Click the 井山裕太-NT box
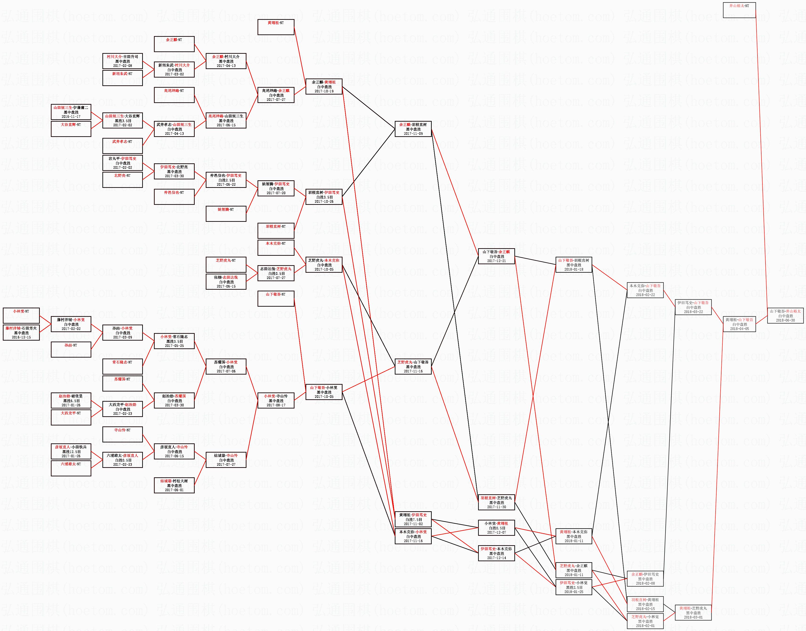point(739,10)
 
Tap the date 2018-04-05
point(739,329)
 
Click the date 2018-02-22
point(645,295)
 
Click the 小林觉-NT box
point(21,315)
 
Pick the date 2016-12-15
point(21,337)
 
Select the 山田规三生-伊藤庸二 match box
point(71,112)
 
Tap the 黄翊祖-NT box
point(276,27)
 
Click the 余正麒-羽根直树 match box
point(413,129)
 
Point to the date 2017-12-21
point(496,261)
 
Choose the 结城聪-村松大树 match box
point(174,485)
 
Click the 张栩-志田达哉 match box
point(226,281)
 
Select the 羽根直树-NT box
point(276,231)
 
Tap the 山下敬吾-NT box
point(276,298)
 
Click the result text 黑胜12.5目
point(71,451)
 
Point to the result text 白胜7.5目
point(413,520)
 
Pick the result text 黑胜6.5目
point(71,400)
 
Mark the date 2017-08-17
point(276,405)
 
